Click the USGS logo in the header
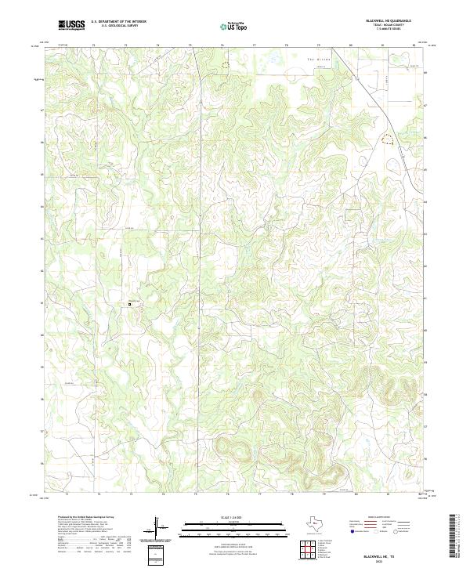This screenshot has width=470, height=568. tap(71, 26)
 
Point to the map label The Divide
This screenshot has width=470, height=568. tap(315, 60)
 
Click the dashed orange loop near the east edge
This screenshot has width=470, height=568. tap(386, 140)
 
